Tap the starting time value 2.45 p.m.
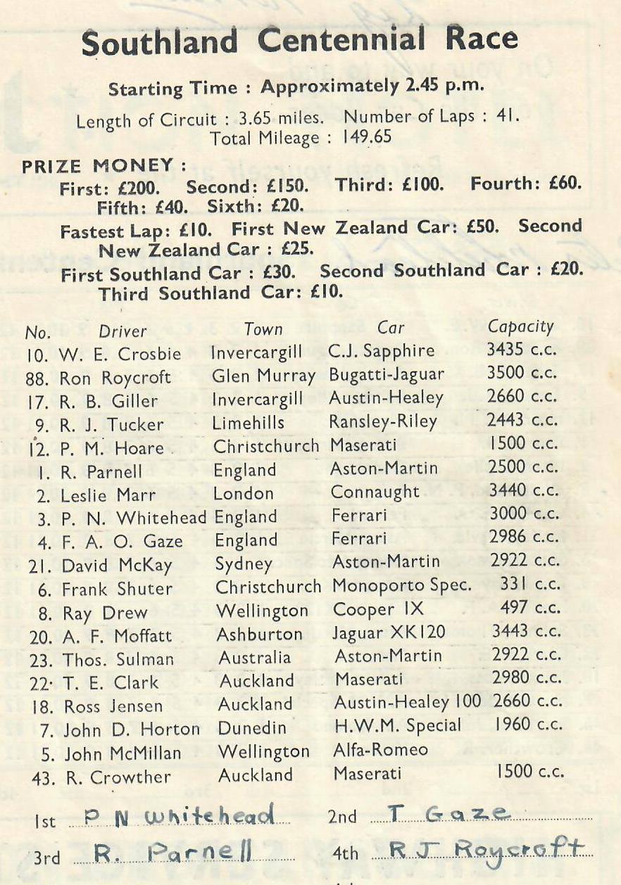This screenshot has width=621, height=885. (x=443, y=87)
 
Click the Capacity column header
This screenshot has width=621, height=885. (x=521, y=327)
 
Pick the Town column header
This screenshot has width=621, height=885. (x=263, y=329)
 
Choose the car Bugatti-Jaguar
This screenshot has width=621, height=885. (x=387, y=375)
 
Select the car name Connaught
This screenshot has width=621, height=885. (x=375, y=492)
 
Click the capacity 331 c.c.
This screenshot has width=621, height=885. (x=530, y=585)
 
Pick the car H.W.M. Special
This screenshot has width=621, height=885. (x=397, y=725)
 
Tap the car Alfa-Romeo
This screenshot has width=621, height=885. (x=380, y=749)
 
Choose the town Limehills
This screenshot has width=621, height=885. (x=249, y=422)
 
